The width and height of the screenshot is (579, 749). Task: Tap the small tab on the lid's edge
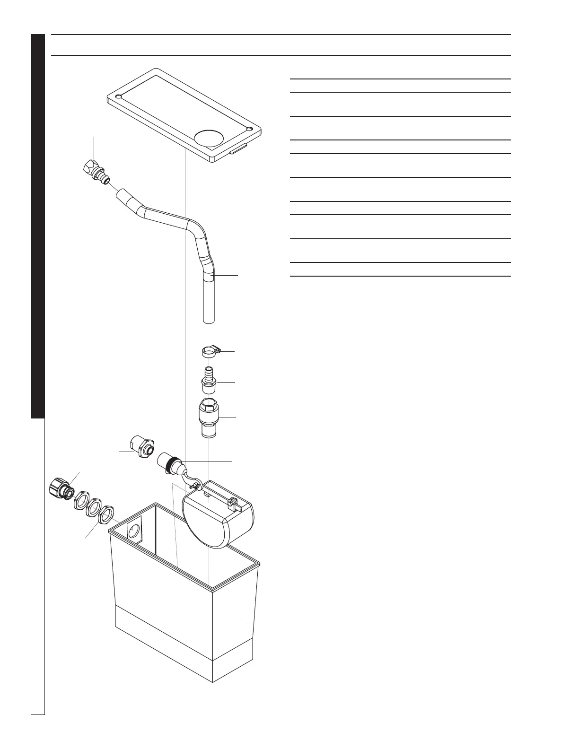point(238,152)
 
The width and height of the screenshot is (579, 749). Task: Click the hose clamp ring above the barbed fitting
point(206,352)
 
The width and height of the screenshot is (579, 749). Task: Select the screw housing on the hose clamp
point(218,350)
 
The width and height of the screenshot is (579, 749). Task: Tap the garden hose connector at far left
point(60,488)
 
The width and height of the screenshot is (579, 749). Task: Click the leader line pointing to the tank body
point(264,623)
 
